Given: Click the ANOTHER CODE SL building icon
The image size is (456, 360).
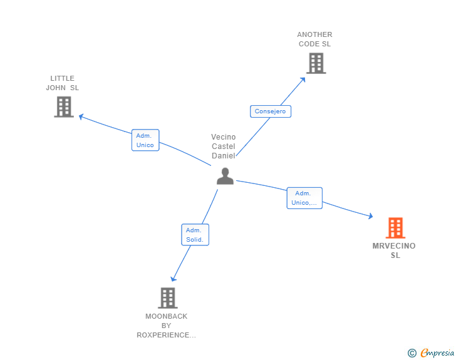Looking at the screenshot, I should point(316,63).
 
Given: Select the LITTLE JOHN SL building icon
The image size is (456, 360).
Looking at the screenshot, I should point(63,107).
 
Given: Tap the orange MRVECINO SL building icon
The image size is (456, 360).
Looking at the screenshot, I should point(395,228).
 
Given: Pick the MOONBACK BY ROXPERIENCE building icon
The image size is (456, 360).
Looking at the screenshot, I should point(167,298).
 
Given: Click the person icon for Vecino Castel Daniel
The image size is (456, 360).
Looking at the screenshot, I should point(225,177).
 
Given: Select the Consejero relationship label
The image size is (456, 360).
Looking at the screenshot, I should point(271,111).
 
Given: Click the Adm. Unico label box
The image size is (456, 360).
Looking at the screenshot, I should point(145,140).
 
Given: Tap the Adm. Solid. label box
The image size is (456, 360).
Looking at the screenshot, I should point(195,235).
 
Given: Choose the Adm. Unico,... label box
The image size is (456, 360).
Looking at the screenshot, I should point(304,198).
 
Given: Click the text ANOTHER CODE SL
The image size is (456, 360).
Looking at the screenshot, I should point(315,39).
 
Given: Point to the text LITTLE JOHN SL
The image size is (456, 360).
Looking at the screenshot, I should point(63,83).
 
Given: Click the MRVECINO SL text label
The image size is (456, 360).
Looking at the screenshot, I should point(394,250).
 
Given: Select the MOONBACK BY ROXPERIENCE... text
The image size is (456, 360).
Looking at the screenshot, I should point(167,326).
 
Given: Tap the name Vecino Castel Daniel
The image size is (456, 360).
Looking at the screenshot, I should point(224,146).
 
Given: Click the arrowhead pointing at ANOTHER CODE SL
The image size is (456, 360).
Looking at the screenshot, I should point(303,79).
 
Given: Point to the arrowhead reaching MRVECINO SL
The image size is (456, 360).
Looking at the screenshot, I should point(370,217).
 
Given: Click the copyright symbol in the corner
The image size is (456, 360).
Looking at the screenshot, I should point(412,353).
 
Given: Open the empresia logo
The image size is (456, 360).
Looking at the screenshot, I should point(437,353).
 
